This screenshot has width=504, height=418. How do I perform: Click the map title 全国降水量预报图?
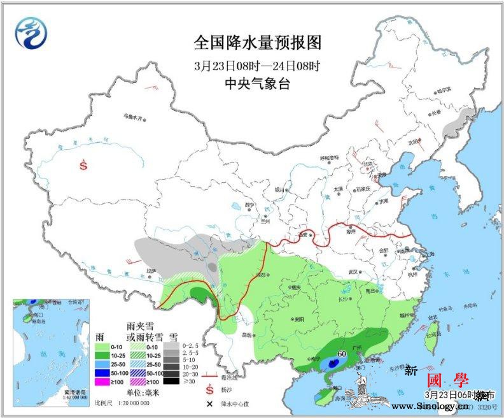pos(257,43)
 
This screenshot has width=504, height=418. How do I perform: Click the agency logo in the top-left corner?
pos(32,32)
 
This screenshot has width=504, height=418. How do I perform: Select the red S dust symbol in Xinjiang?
pos(83,164)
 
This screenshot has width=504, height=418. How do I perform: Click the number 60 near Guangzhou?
pos(341,353)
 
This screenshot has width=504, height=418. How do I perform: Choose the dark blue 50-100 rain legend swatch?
pos(100,372)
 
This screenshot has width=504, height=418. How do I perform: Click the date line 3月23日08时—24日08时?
pos(257,66)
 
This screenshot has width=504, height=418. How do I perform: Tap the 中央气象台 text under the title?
pos(257,83)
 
